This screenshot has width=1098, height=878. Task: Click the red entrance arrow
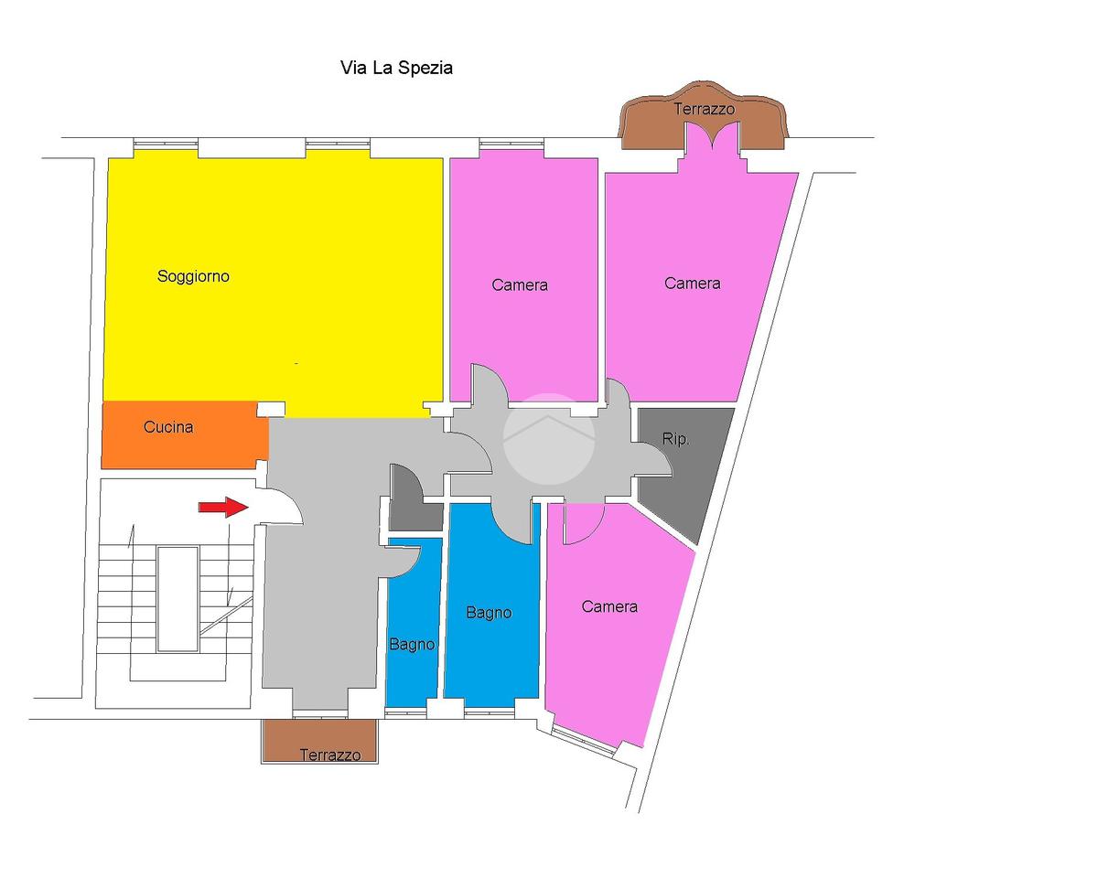coord(223,508)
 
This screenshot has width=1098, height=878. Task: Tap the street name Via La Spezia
coord(396,68)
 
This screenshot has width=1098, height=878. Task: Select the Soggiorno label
coord(193,275)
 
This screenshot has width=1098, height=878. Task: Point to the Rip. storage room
coord(682,466)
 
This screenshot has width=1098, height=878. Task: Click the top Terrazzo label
coord(704,109)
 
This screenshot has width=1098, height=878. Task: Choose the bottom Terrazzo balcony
coord(318,741)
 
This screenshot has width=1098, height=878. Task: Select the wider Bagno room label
coord(488,612)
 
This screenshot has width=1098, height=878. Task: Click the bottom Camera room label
coord(609,606)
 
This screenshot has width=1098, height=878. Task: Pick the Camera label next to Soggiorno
coord(520,284)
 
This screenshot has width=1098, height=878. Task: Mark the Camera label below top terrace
coord(692,283)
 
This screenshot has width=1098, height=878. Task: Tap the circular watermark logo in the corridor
coord(549,438)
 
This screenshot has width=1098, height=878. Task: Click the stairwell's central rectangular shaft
coord(177,598)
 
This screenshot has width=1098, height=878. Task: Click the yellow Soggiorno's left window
coord(166,144)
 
